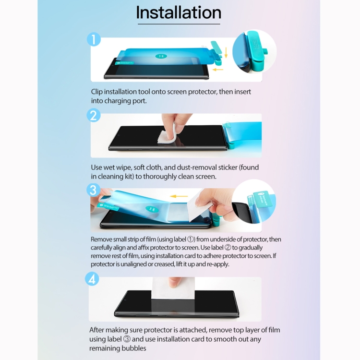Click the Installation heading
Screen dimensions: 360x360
click(179, 12)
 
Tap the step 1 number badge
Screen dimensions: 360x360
click(94, 39)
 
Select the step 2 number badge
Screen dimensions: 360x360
click(94, 115)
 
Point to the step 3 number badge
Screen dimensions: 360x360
click(93, 190)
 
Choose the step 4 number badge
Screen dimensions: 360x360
click(92, 279)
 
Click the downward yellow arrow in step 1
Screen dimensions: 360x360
click(226, 53)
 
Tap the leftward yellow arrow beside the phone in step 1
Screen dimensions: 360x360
click(217, 70)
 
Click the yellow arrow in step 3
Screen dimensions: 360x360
click(179, 196)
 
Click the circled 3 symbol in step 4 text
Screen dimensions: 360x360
click(127, 339)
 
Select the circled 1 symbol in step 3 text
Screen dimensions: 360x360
click(191, 239)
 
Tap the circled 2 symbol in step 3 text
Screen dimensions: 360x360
click(228, 248)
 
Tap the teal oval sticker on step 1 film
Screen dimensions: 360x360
click(161, 56)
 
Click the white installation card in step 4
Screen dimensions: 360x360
click(173, 288)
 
